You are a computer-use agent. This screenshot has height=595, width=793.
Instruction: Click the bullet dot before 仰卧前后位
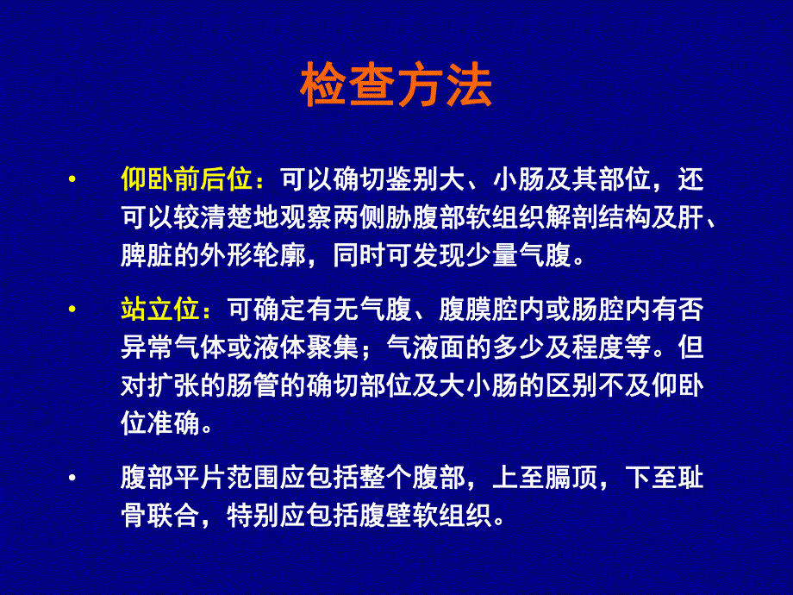(x=72, y=180)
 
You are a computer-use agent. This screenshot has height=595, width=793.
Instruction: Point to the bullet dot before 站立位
(x=72, y=308)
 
